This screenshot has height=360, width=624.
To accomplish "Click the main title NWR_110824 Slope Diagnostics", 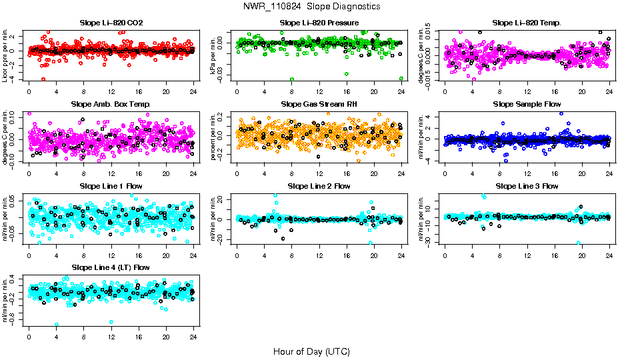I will [312, 7].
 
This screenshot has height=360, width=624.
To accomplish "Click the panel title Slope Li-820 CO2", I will [111, 23].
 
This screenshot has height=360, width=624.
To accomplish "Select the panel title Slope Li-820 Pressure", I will [319, 23].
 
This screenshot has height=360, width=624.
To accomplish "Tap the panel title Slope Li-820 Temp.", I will [527, 23].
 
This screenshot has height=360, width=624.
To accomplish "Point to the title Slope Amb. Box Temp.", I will [111, 105].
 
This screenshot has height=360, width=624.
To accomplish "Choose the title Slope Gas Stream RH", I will [319, 105].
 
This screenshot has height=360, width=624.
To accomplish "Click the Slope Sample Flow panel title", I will [527, 105].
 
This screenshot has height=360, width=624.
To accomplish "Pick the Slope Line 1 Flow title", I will [111, 186].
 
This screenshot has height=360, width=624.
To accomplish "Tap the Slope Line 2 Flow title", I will [319, 186].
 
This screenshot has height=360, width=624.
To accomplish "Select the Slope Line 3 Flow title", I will [527, 186].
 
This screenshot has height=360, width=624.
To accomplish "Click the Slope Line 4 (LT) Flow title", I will [111, 267].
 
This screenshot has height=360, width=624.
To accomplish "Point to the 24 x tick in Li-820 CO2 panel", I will [194, 92].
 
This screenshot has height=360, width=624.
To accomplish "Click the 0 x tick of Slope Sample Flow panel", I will [445, 173].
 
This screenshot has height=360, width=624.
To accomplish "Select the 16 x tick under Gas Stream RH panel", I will [347, 173].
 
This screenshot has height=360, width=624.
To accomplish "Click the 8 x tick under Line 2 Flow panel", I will [291, 255].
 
